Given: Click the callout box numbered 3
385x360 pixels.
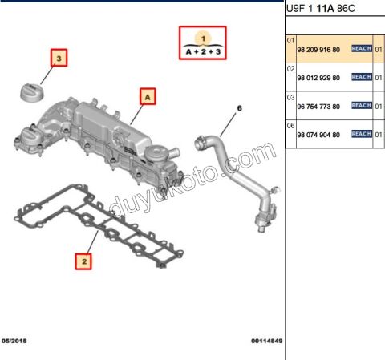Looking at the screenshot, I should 59,58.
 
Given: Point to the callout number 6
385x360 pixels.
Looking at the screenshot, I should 237,107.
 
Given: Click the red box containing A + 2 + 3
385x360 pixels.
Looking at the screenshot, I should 203,44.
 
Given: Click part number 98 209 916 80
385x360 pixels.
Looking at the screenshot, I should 318,50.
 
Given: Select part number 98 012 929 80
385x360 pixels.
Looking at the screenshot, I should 318,78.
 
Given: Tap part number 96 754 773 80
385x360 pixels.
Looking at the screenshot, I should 318,106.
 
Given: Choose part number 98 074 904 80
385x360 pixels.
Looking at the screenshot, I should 318,135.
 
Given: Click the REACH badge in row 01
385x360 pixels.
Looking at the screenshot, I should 362,49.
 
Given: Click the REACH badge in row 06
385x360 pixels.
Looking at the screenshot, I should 362,134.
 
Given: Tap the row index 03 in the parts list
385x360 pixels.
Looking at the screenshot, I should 291,96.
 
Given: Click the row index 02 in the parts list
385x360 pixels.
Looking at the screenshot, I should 291,68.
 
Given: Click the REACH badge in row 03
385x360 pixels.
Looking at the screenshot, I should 362,105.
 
